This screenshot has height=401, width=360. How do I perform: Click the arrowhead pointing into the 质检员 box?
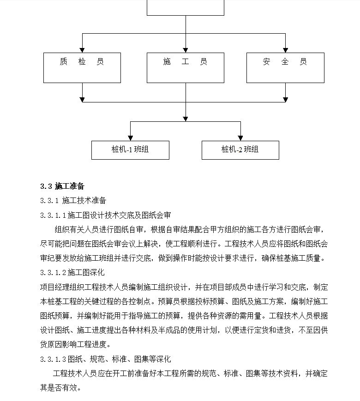pos(82,50)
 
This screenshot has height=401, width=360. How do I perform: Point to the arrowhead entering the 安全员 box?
pos(285,50)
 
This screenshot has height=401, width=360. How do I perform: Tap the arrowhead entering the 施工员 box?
pos(186,50)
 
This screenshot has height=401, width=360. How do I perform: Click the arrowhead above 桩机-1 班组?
pos(130,138)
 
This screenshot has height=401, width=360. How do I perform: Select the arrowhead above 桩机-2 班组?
pos(240,138)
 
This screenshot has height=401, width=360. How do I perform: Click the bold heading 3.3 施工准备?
pos(62,186)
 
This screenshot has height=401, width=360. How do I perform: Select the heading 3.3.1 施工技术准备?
pos(73,200)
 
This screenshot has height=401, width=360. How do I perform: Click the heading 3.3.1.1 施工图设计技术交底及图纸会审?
pos(105,215)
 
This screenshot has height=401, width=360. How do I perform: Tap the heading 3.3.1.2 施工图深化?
pos(72,273)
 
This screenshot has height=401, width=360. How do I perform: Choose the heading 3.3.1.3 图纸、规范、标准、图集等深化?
pos(105,359)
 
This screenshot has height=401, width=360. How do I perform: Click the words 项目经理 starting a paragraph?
pos(54,287)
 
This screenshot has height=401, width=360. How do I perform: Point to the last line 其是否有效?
pos(60,388)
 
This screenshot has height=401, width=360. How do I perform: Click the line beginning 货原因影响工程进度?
pos(75,345)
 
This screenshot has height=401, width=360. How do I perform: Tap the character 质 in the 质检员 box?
pos(63,62)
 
